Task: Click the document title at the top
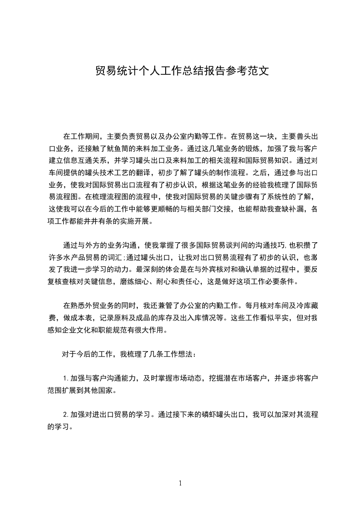click(180, 72)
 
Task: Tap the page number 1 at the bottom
click(180, 483)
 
